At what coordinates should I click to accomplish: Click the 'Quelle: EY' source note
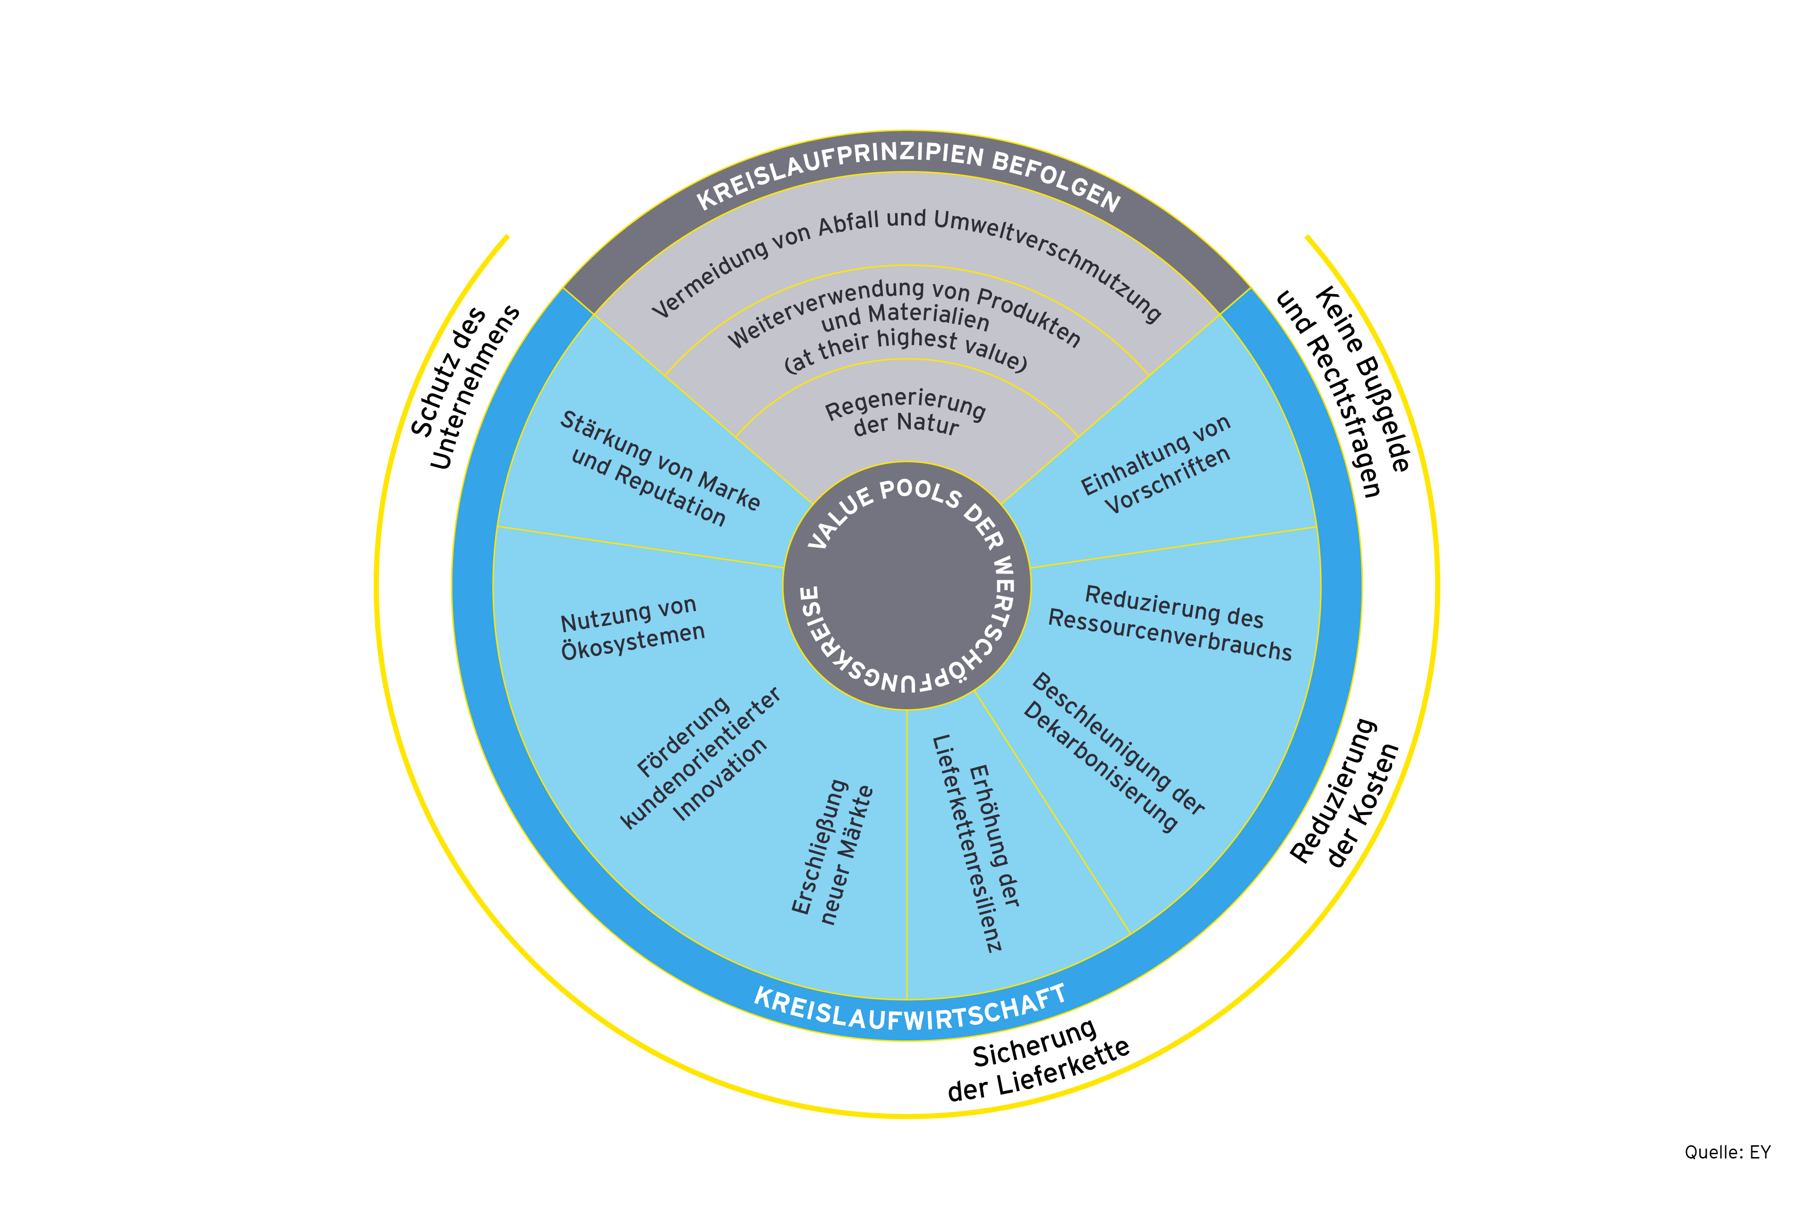point(1727,1152)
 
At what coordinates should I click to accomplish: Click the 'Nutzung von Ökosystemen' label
point(631,627)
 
